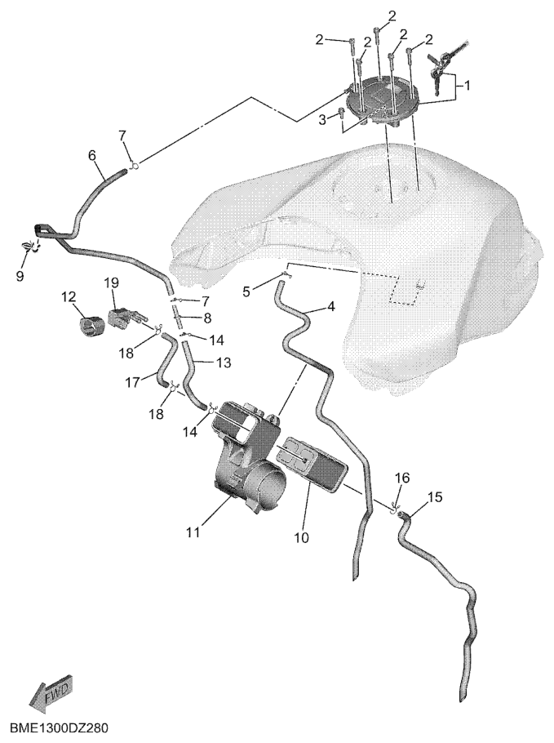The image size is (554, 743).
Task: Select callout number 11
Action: tap(193, 532)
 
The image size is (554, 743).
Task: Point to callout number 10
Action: tap(302, 538)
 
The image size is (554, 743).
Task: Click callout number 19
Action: tap(112, 283)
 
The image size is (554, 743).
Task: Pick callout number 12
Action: tap(69, 297)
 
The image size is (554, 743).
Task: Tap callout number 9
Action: tap(20, 276)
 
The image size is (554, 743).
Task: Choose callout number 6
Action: tap(92, 155)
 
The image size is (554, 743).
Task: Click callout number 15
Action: tap(435, 497)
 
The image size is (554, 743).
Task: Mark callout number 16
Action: tap(402, 478)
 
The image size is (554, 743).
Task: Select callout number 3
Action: tap(322, 120)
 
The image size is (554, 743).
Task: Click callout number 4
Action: tap(330, 306)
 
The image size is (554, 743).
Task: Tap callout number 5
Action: tap(246, 291)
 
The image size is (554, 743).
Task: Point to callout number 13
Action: tap(224, 363)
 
